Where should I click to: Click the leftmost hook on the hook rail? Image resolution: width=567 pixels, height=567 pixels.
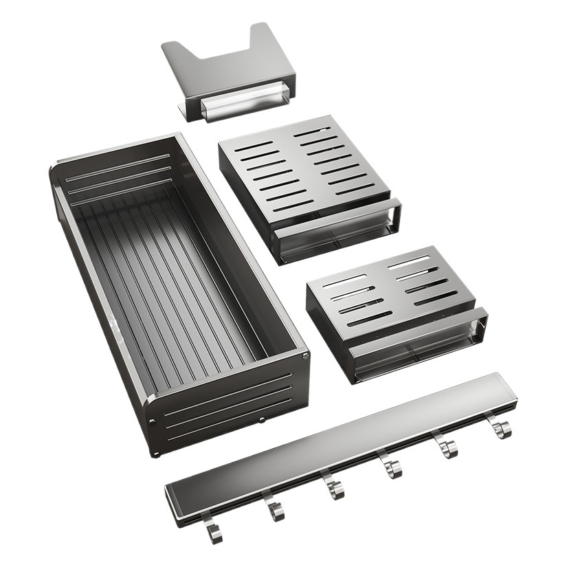click(212, 531)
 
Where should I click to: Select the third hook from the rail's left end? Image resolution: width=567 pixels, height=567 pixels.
click(334, 489)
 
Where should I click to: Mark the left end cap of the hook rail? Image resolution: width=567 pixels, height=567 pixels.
click(173, 504)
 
